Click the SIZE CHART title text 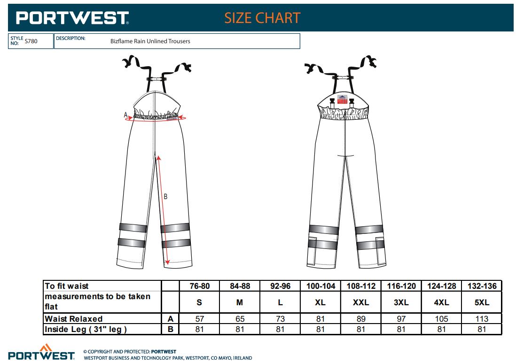click(x=262, y=18)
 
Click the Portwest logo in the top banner click(x=72, y=18)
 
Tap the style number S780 click(x=31, y=41)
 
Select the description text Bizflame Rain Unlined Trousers click(x=150, y=41)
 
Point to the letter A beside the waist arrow click(x=125, y=115)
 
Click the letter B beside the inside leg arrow click(x=165, y=196)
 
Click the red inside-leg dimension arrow click(x=163, y=210)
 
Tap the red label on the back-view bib click(x=342, y=99)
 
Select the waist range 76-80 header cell click(x=200, y=286)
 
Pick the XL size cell click(x=320, y=302)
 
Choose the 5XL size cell click(x=482, y=302)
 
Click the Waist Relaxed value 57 click(x=200, y=318)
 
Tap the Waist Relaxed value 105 click(x=441, y=318)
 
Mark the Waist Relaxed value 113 click(x=482, y=318)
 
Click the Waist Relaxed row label click(x=74, y=318)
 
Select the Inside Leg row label click(x=86, y=329)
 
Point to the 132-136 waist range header click(x=482, y=286)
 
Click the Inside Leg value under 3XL click(x=401, y=329)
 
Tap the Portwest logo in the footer click(x=41, y=352)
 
